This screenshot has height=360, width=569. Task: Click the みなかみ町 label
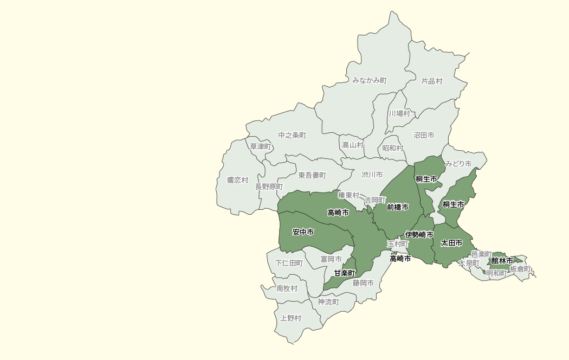click(370, 80)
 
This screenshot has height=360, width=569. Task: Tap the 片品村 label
click(432, 81)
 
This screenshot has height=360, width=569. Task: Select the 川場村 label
click(399, 113)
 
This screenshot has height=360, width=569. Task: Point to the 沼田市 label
click(424, 135)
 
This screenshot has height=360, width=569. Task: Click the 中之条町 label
click(292, 135)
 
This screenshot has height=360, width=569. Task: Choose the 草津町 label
click(260, 146)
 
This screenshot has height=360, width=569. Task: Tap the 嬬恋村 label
click(237, 180)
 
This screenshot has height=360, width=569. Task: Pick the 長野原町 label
click(269, 187)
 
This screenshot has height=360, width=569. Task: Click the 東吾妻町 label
click(312, 175)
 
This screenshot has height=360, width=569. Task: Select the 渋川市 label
click(372, 175)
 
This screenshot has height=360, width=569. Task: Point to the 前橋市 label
click(398, 207)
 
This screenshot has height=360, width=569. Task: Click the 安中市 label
click(303, 232)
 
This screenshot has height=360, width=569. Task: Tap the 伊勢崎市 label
click(419, 235)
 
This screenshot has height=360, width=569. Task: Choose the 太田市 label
click(451, 243)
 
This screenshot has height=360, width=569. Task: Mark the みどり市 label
click(458, 163)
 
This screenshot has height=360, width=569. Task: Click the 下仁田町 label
click(289, 263)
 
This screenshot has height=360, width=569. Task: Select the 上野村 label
click(291, 318)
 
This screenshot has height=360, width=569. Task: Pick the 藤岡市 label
click(363, 282)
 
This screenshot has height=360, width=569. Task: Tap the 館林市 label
click(502, 261)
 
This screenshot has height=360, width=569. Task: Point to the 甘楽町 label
click(345, 273)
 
